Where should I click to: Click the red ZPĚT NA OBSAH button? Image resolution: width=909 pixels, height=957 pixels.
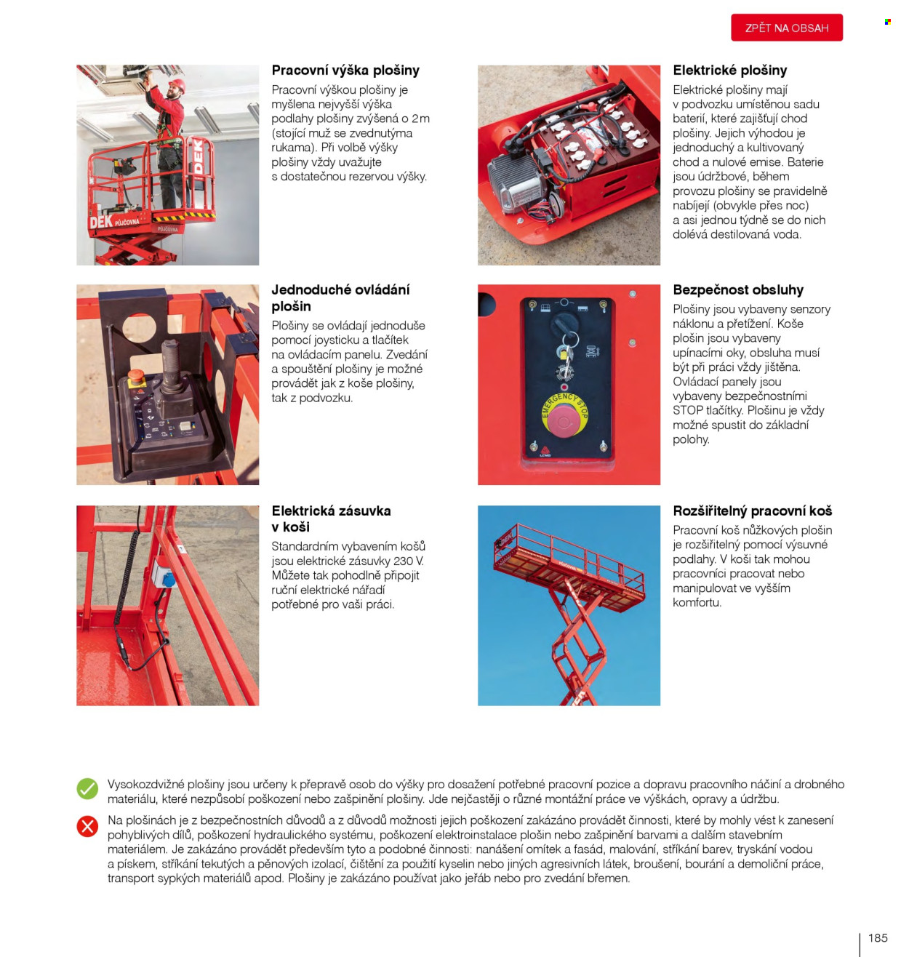[x=786, y=28]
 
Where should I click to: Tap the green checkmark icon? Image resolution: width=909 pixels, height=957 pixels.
[x=88, y=788]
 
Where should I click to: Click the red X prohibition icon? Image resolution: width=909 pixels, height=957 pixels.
[x=88, y=825]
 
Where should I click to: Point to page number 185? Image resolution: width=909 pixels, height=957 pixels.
[x=877, y=937]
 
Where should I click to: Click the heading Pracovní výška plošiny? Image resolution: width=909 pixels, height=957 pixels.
[x=345, y=71]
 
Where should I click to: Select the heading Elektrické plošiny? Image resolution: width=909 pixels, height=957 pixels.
[x=730, y=71]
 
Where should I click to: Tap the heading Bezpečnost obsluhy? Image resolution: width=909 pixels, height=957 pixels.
[x=738, y=289]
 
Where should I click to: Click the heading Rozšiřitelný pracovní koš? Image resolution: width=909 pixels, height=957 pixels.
[x=752, y=510]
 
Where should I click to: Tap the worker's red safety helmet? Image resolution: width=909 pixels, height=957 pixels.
[x=177, y=85]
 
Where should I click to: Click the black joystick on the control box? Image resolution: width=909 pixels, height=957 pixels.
[x=172, y=367]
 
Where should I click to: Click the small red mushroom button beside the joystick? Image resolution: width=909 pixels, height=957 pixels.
[x=136, y=376]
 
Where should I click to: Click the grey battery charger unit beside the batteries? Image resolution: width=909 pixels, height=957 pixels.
[x=514, y=184]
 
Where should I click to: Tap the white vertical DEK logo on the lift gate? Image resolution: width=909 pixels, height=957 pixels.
[x=198, y=156]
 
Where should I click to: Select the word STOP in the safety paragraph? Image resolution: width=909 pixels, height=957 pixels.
[x=688, y=410]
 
